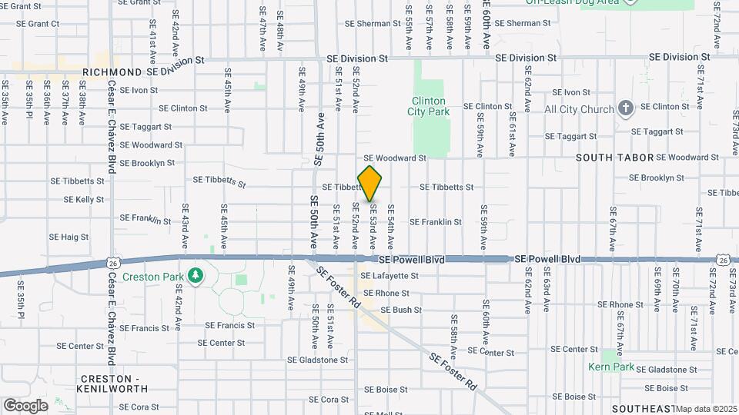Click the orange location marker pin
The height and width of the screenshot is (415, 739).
pyautogui.click(x=370, y=184)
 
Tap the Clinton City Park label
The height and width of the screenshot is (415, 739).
pyautogui.click(x=429, y=106)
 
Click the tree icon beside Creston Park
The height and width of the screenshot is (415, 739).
pyautogui.click(x=196, y=275)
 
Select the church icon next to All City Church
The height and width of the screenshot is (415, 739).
pyautogui.click(x=626, y=108)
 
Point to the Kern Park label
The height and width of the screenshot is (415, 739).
pyautogui.click(x=611, y=367)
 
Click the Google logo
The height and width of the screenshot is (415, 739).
pyautogui.click(x=25, y=405)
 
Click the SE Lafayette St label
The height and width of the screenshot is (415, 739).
pyautogui.click(x=390, y=275)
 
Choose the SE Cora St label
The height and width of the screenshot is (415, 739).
pyautogui.click(x=329, y=400)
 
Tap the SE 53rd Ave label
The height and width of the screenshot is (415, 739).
pyautogui.click(x=373, y=226)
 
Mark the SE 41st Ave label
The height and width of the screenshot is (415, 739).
pyautogui.click(x=152, y=46)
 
